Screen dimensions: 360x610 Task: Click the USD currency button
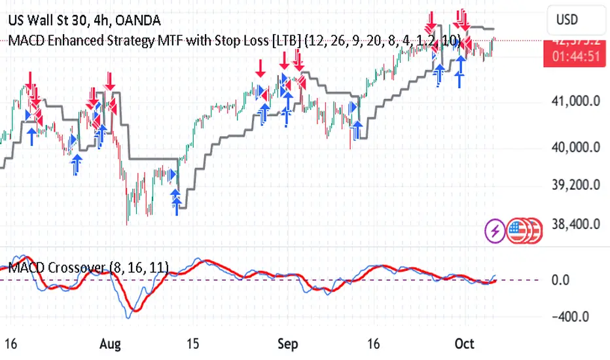[567, 20]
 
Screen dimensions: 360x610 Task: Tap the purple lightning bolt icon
[494, 230]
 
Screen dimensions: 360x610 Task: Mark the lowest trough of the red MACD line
[135, 308]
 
